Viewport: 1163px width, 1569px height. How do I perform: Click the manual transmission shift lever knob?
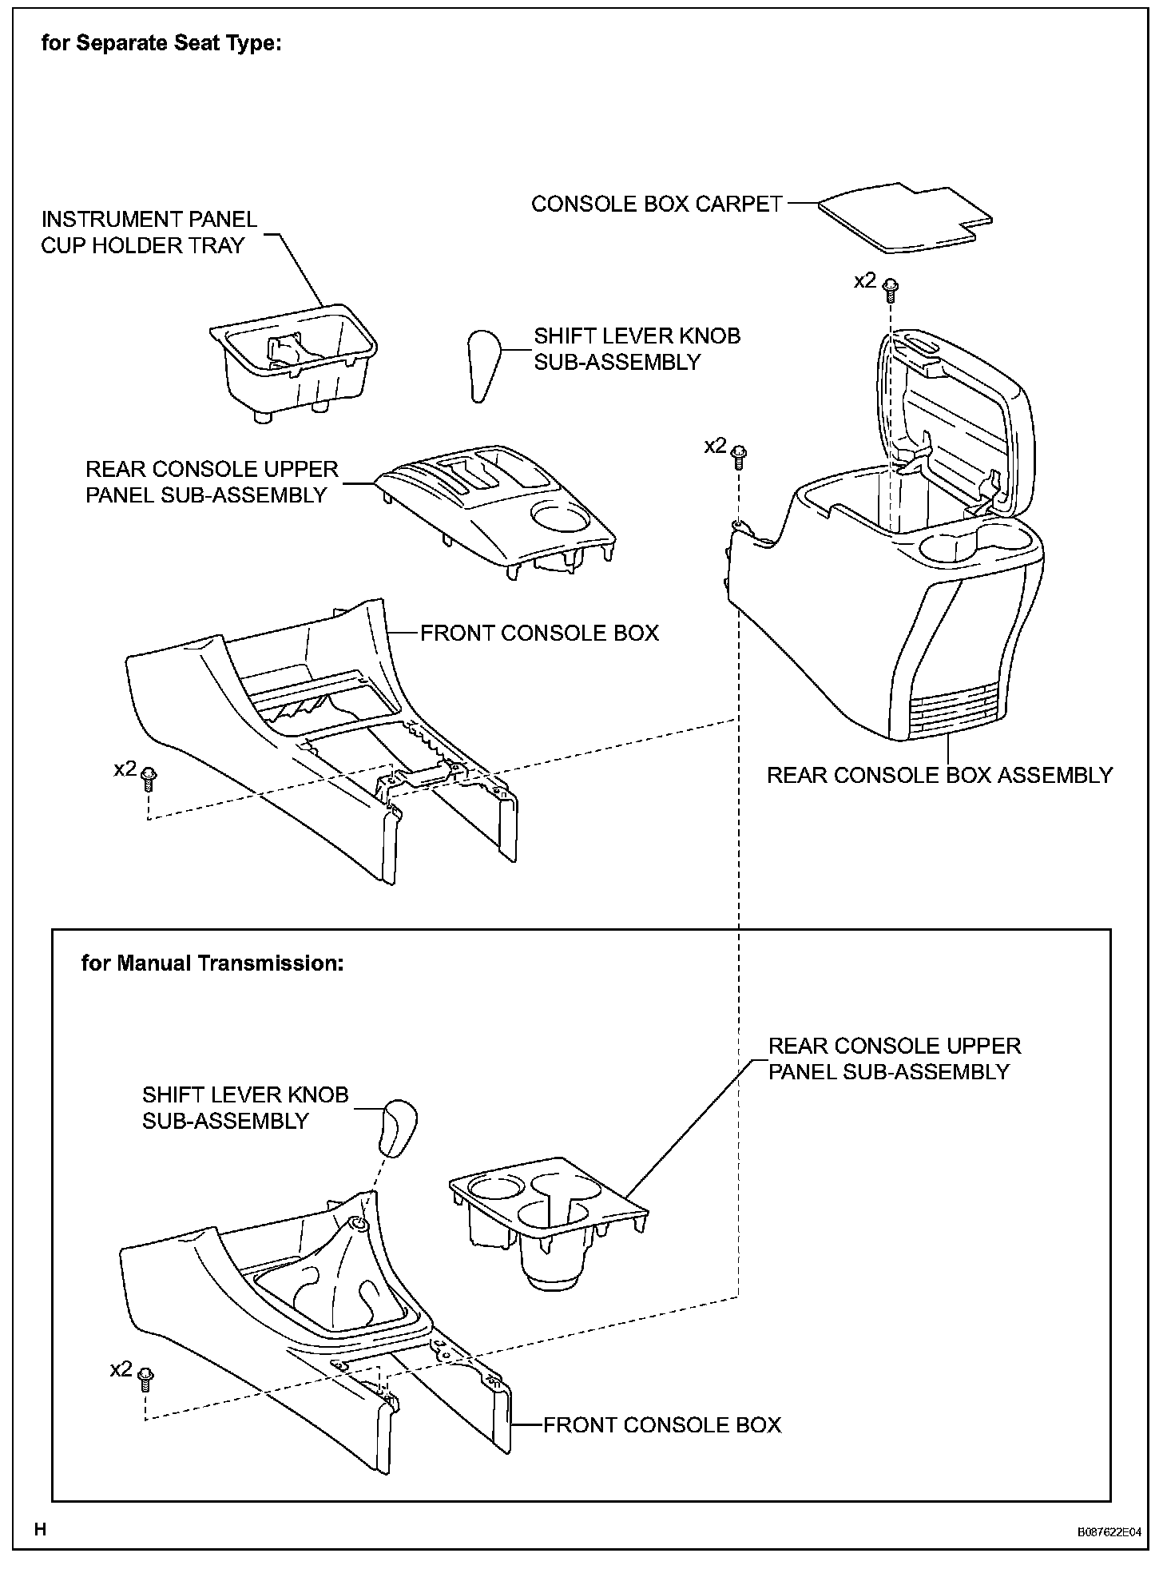tap(399, 1128)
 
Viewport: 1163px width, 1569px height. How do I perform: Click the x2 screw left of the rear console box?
tap(740, 454)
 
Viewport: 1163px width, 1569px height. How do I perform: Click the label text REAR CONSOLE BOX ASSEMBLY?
tap(939, 775)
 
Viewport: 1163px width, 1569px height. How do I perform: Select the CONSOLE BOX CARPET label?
tap(657, 205)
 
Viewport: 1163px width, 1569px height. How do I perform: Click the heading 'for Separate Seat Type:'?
tap(161, 43)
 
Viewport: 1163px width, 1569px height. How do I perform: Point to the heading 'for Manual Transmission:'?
tap(212, 963)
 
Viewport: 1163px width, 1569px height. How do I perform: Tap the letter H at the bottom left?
tap(41, 1529)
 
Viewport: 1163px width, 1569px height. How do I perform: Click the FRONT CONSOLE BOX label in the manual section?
tap(662, 1425)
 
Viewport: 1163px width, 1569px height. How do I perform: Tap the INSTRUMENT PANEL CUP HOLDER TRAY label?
tap(149, 232)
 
